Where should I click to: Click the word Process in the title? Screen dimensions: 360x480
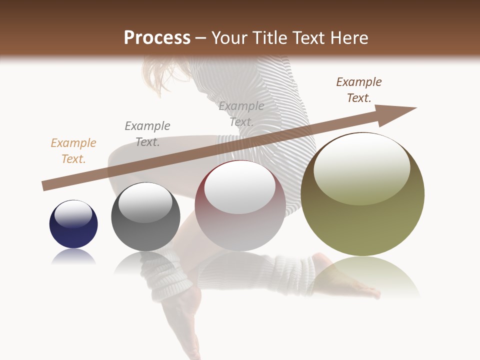pyautogui.click(x=157, y=38)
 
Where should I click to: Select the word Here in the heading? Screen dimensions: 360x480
pyautogui.click(x=348, y=38)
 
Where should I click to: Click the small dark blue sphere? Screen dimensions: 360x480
pyautogui.click(x=73, y=224)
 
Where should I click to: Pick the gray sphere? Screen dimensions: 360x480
pyautogui.click(x=145, y=217)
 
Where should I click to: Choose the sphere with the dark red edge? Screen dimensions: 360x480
pyautogui.click(x=240, y=206)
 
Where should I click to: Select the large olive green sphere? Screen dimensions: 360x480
pyautogui.click(x=362, y=194)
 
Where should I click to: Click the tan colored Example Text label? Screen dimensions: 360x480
pyautogui.click(x=73, y=151)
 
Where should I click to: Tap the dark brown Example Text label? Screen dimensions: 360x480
pyautogui.click(x=359, y=90)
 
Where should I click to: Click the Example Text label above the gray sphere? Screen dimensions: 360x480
pyautogui.click(x=147, y=134)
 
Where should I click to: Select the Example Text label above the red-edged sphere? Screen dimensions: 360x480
pyautogui.click(x=241, y=114)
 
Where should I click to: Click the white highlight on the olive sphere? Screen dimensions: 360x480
pyautogui.click(x=361, y=167)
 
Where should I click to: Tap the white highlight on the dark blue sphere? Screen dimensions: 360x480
pyautogui.click(x=73, y=214)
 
